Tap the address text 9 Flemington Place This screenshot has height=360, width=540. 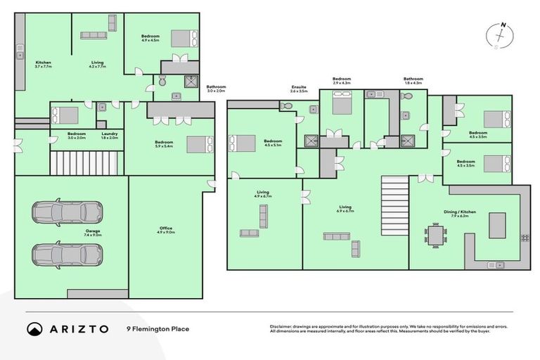(x=157, y=328)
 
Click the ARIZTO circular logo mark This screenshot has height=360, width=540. (x=34, y=328)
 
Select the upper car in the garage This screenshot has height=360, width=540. (x=67, y=212)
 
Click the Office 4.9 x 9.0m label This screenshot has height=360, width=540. (x=166, y=231)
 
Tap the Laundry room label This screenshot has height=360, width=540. (x=109, y=136)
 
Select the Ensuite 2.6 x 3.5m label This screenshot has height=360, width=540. (x=299, y=89)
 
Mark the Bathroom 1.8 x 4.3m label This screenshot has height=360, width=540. (x=413, y=81)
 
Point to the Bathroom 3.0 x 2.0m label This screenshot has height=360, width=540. (x=216, y=89)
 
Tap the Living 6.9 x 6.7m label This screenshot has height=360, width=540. (x=345, y=209)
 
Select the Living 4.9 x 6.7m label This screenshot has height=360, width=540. (x=264, y=193)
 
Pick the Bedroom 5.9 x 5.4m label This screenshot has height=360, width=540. (x=164, y=144)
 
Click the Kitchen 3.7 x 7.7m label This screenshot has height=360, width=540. (x=43, y=64)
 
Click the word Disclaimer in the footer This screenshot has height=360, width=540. (x=281, y=327)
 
